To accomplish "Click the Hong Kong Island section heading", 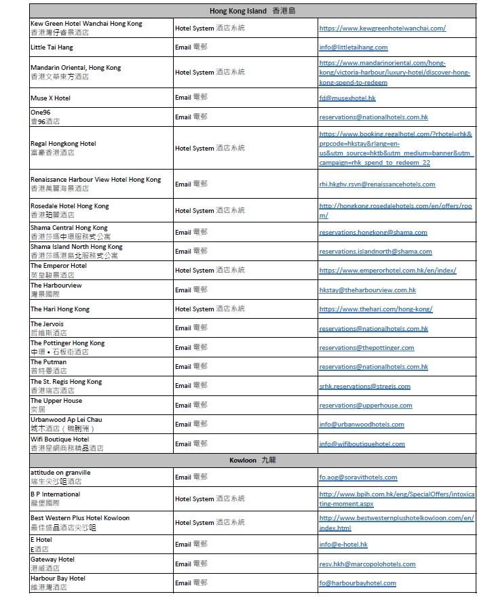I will [252, 11].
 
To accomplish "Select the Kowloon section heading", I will [252, 460].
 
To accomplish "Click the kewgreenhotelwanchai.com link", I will [382, 28].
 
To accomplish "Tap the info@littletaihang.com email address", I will [354, 47].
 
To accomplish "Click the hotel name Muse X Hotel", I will [50, 98].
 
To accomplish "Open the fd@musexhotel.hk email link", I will [347, 98].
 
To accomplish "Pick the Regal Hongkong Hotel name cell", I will [63, 144].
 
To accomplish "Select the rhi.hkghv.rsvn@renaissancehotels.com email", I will [377, 184].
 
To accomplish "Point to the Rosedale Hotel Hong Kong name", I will [69, 205].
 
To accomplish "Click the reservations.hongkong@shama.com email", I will [373, 232].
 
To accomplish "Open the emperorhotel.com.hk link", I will [387, 270].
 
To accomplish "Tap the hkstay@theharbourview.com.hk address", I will [367, 290].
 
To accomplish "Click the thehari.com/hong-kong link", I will [375, 309].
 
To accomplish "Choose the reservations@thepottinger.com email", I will [366, 348].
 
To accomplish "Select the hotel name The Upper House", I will [56, 401].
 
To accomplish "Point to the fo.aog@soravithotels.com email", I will [358, 477].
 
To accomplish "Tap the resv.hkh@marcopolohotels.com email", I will [367, 564].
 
